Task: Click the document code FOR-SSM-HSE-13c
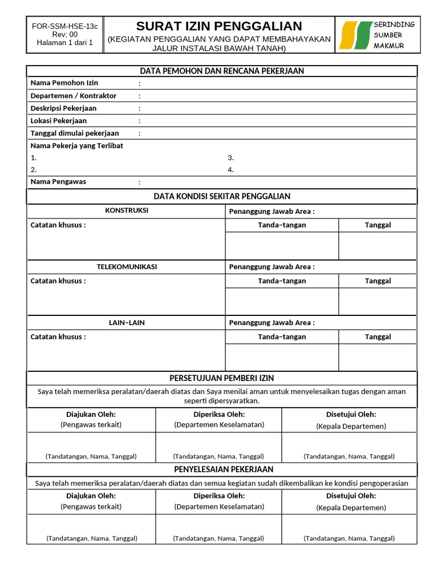coord(64,26)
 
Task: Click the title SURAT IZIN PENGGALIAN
coord(219,26)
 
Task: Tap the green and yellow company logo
coord(354,35)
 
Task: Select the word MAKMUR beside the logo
coord(388,46)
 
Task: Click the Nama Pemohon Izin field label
coord(56,83)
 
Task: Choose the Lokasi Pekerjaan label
coord(58,121)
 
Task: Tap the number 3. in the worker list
coord(231,158)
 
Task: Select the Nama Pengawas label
coord(58,182)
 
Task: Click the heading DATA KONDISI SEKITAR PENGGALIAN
coord(222,197)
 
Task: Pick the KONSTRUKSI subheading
coord(127,210)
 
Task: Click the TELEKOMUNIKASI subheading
coord(127,267)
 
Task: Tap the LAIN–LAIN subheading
coord(127,323)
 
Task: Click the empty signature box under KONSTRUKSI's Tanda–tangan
coord(282,246)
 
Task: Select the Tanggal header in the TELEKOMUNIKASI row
coord(378,281)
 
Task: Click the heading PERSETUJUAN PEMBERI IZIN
coord(222,378)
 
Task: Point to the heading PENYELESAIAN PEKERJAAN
coord(222,469)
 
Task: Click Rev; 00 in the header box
coord(64,34)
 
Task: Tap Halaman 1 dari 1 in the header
coord(64,42)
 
